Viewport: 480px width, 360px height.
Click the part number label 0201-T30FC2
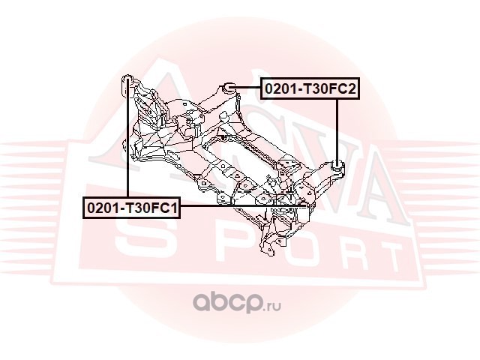point(308,89)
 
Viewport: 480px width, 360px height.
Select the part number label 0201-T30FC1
point(131,205)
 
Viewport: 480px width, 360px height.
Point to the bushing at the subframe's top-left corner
point(127,80)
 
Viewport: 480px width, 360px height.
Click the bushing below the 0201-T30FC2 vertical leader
point(337,164)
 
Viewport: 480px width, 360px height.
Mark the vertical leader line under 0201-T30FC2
point(337,127)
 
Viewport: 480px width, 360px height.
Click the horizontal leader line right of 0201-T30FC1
point(240,205)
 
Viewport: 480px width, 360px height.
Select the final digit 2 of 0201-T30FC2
point(349,89)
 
